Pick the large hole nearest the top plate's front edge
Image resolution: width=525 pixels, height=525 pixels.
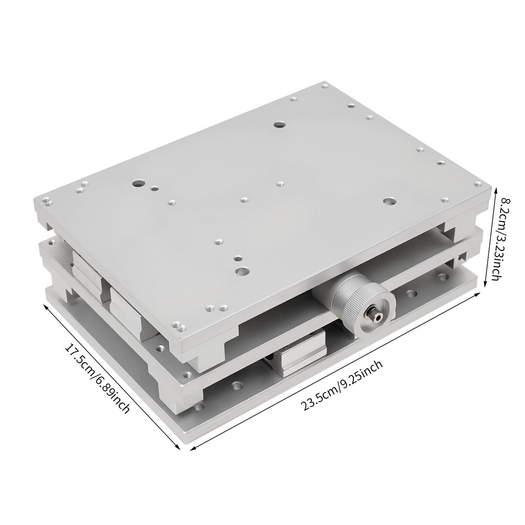click(242, 271)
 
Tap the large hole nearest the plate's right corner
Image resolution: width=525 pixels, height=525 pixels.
click(388, 201)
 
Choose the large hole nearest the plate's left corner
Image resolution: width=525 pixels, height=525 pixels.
click(138, 184)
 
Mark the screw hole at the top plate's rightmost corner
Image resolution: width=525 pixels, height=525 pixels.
click(478, 184)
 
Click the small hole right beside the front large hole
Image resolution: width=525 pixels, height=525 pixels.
click(238, 259)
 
